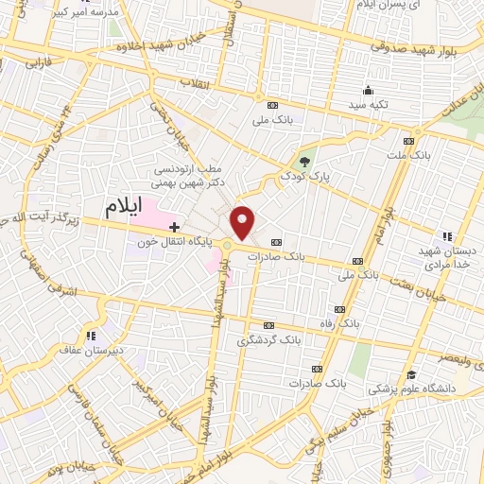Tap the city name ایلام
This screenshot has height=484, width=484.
[130, 205]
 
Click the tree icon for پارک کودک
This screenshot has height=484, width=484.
[304, 162]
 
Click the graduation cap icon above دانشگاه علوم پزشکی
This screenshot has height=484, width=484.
[411, 374]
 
